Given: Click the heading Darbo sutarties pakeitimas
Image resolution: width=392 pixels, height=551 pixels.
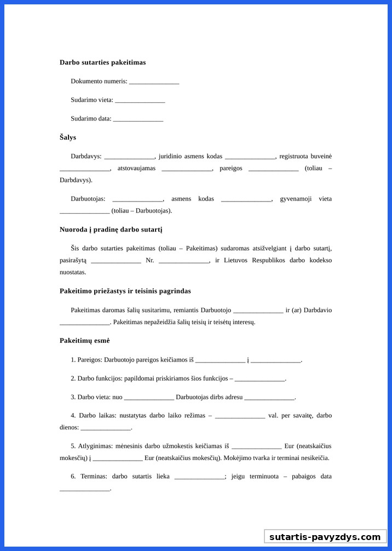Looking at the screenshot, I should [x=102, y=62].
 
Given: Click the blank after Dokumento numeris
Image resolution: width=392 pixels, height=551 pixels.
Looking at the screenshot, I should [x=154, y=82].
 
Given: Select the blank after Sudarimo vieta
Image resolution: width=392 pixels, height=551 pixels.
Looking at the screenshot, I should [x=140, y=101].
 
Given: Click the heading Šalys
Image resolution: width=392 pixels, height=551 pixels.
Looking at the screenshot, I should [x=68, y=137].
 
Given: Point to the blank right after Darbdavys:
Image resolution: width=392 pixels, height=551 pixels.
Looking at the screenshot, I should [x=129, y=157].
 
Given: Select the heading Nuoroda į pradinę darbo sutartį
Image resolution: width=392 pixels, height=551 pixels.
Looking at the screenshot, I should [x=111, y=229].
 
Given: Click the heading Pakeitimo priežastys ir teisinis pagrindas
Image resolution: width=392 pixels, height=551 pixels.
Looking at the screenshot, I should [x=125, y=291].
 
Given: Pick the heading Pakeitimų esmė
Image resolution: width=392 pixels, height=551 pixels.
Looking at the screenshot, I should [x=85, y=341].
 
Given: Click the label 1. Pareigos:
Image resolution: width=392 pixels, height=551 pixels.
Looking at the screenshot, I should [x=87, y=360].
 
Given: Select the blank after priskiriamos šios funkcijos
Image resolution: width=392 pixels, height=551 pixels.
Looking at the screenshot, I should [x=260, y=379].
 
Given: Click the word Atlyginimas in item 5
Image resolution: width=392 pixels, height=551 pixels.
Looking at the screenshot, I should [x=97, y=446].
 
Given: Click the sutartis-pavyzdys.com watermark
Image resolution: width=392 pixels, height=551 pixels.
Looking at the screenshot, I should [x=325, y=537].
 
